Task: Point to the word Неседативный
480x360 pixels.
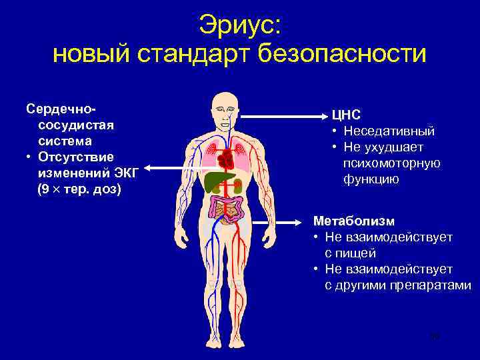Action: tap(389, 131)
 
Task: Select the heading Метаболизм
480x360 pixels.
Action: tap(354, 221)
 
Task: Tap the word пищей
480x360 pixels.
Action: tap(359, 253)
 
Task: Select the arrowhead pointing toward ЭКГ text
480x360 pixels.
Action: tap(148, 169)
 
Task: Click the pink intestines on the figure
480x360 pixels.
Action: tap(227, 209)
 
